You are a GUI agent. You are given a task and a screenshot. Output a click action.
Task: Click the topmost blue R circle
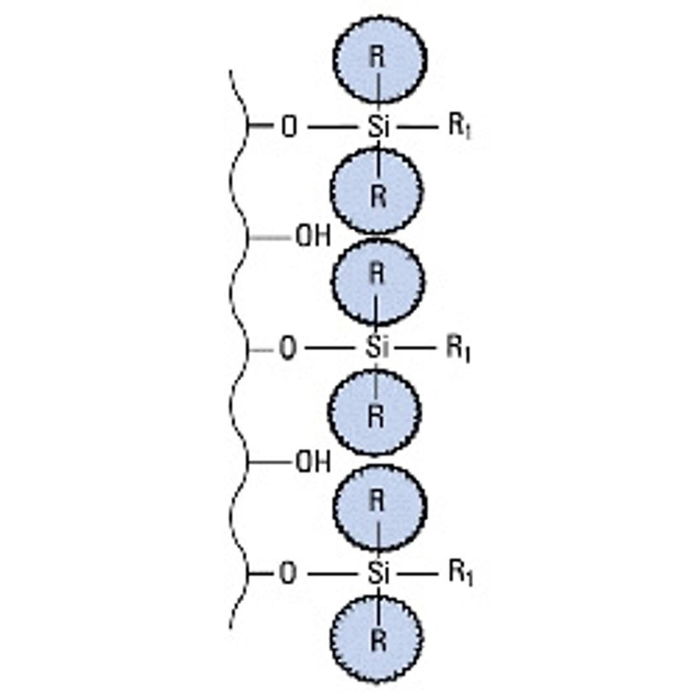coord(379,59)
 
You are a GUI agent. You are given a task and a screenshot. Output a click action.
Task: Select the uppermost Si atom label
coord(378,127)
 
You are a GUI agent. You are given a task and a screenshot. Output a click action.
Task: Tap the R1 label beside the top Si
coord(460,126)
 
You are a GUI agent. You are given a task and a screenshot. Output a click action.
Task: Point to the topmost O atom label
coord(289,127)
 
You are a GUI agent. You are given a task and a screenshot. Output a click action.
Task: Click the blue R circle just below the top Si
coord(377,191)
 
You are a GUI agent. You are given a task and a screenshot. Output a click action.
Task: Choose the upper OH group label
coord(313,237)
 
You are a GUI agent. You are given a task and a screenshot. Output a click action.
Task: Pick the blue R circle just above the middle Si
coord(378,280)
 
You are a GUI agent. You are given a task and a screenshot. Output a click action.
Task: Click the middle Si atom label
coord(377,348)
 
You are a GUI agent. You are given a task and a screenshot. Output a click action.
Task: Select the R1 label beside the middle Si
coord(458,349)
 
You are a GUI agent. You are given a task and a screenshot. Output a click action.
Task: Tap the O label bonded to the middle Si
coord(287,349)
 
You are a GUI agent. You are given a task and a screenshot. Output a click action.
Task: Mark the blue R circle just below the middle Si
coord(375,412)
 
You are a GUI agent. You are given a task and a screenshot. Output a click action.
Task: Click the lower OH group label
coord(313,462)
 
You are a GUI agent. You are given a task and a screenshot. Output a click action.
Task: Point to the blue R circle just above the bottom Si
coord(379,507)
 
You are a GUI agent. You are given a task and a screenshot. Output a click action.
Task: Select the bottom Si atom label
coord(378,573)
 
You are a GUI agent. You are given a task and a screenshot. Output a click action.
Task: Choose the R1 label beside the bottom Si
coord(460,573)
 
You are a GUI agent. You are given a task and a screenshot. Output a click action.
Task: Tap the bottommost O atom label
coord(288,573)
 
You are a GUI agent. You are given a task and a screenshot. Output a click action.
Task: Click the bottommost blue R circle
coord(377,639)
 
